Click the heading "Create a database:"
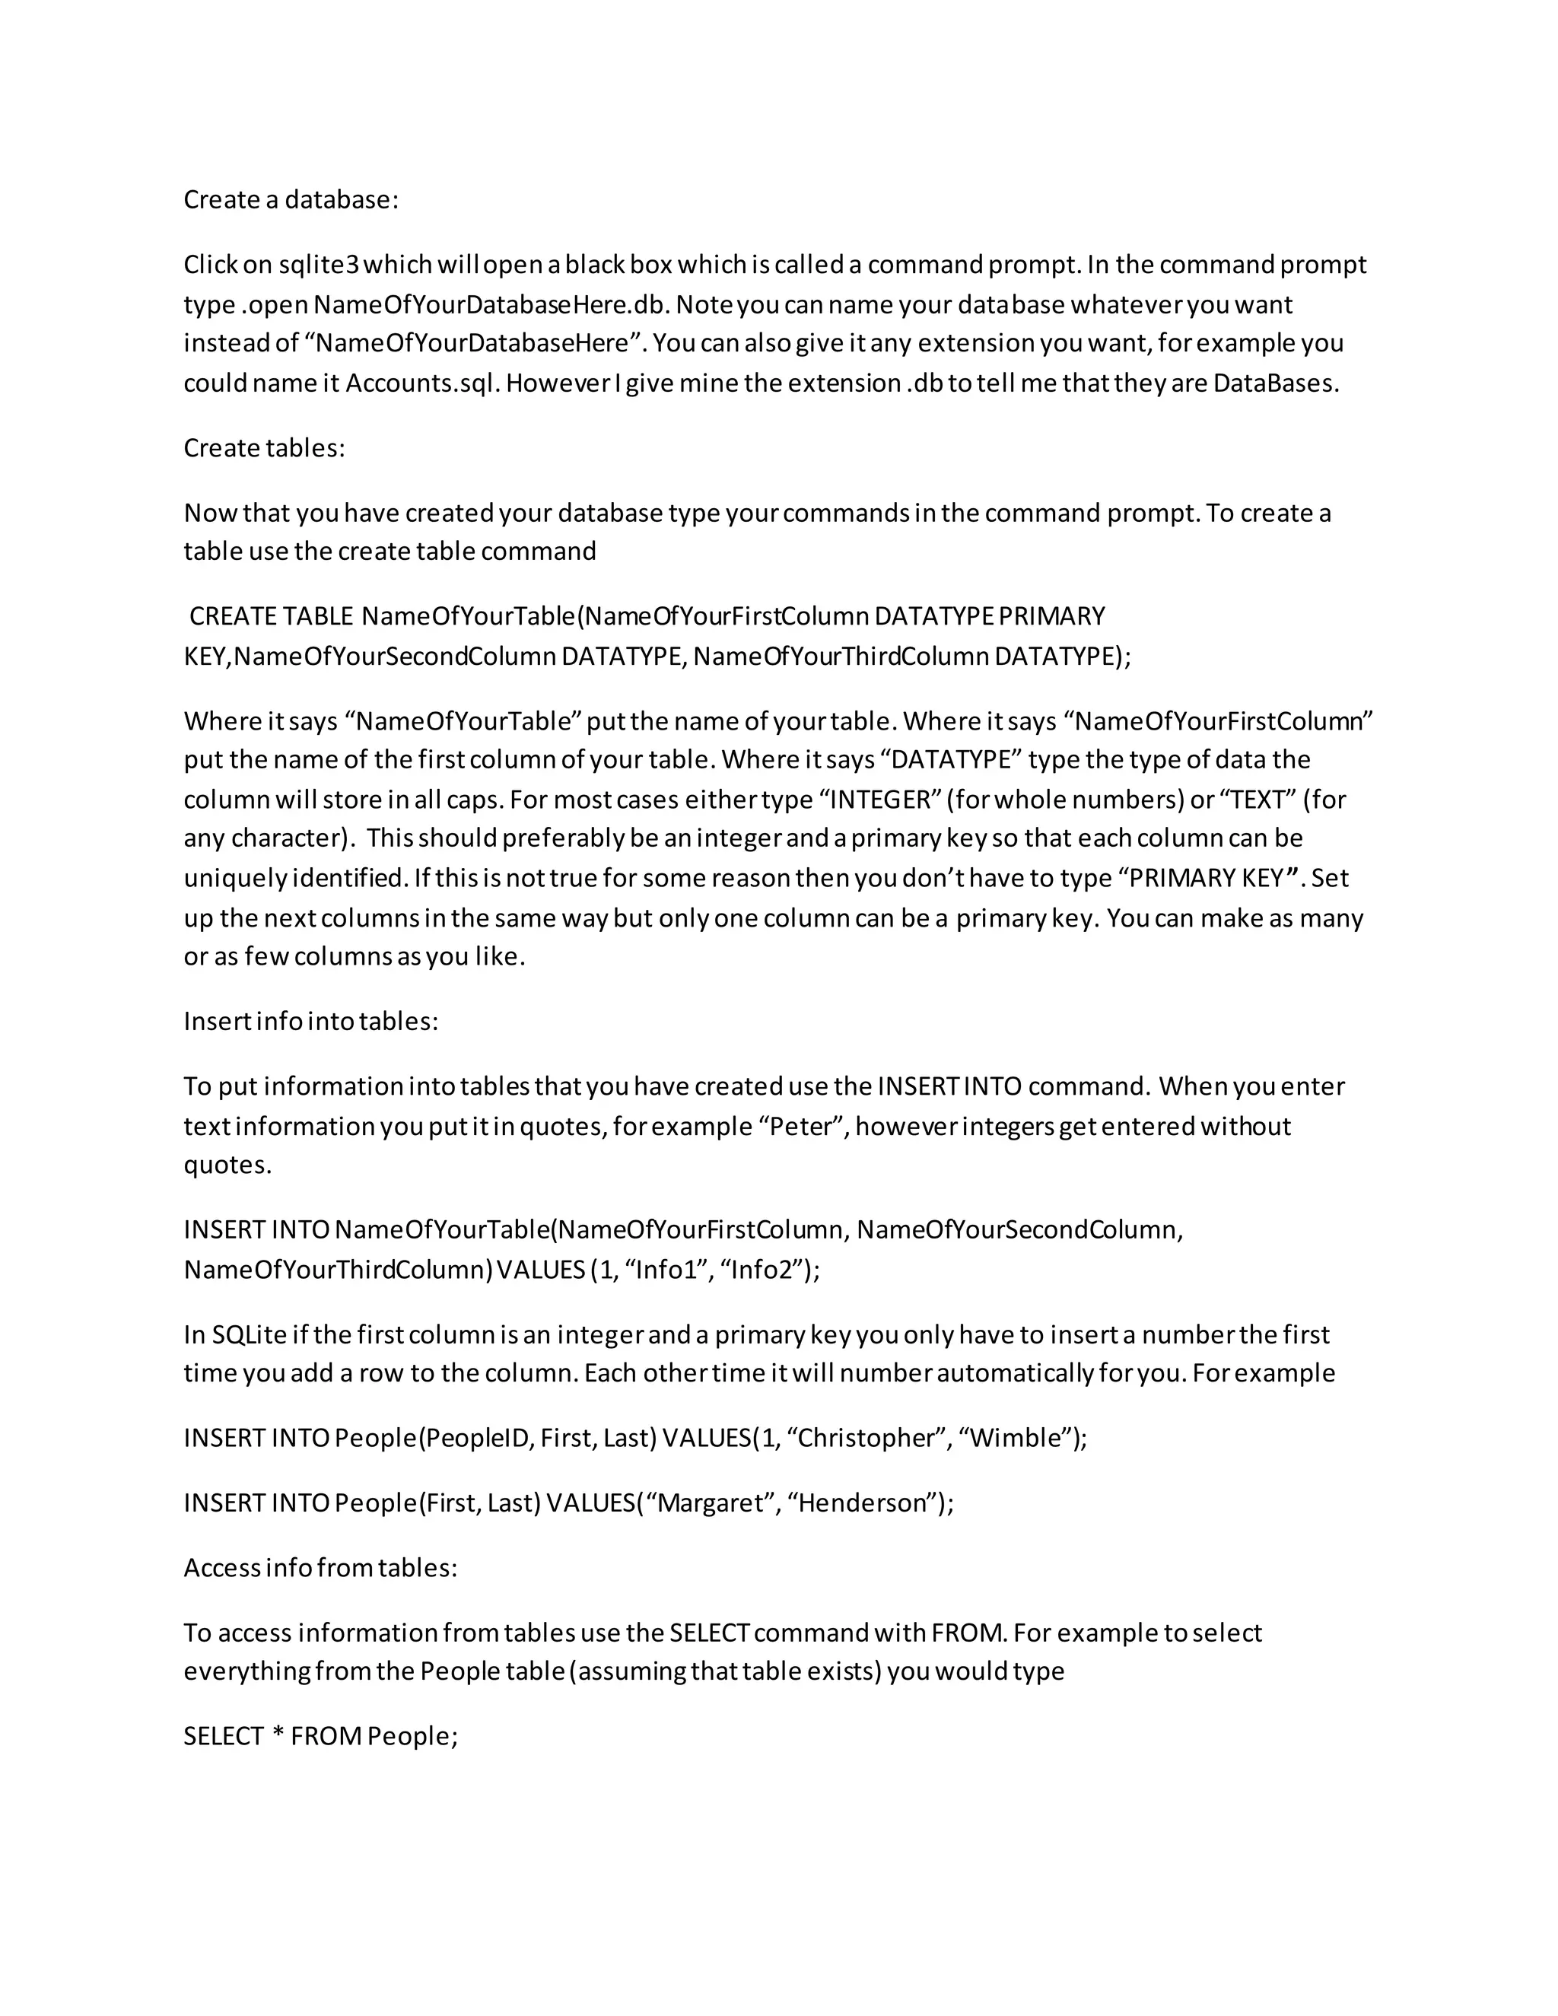pos(291,199)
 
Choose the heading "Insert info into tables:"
pos(310,1021)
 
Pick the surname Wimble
pos(1018,1438)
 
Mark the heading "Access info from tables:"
pos(320,1567)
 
